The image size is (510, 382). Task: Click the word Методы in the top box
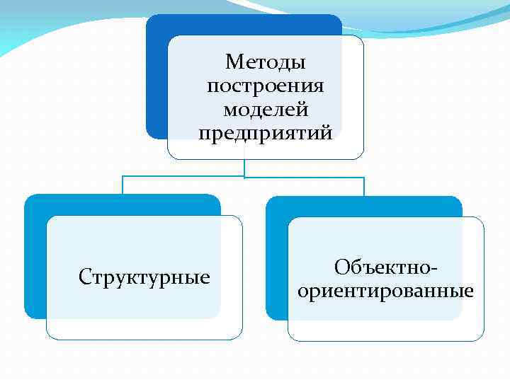266,63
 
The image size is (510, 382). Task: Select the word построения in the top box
266,86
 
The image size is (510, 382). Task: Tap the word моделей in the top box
266,110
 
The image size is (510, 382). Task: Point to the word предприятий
266,133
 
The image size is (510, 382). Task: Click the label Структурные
144,277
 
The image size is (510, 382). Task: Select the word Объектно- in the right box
386,267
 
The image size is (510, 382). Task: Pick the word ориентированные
386,291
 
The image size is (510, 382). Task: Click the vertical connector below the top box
244,168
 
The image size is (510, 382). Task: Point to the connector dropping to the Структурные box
123,185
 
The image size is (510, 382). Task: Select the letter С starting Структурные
84,277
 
